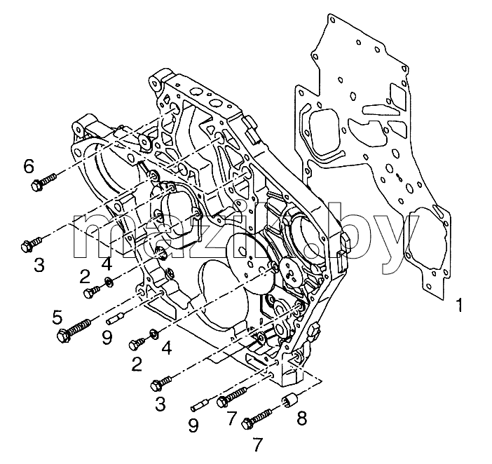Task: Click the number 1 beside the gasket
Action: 459,305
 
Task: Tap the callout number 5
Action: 57,318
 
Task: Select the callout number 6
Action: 29,166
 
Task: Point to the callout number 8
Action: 301,418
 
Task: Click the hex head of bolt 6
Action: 36,186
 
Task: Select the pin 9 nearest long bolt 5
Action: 116,317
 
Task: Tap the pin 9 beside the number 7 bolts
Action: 200,404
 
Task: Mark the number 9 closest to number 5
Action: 107,339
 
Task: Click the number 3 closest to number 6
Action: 39,265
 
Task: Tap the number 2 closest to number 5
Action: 85,277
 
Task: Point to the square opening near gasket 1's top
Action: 397,93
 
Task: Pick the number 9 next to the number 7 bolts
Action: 193,426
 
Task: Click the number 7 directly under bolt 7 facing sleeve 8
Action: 257,444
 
